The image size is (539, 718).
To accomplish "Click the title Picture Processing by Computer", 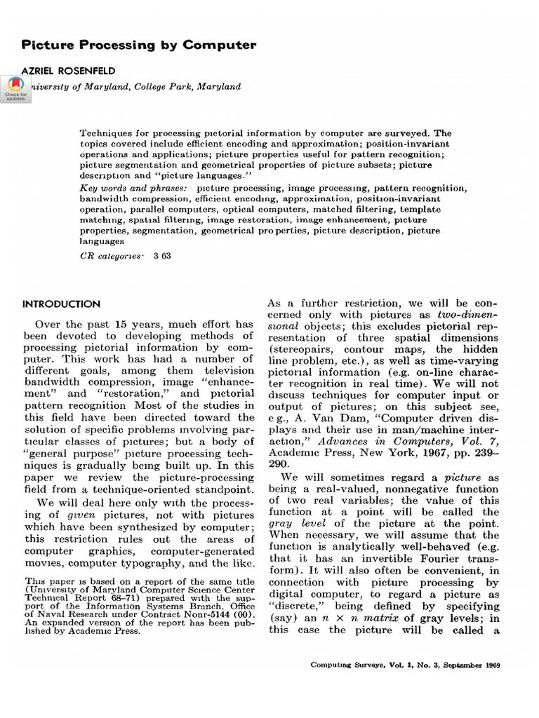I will tap(139, 45).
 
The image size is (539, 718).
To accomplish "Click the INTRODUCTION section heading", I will tap(62, 304).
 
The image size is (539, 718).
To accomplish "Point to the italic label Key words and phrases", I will tap(133, 189).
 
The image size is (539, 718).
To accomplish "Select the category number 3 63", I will tap(162, 257).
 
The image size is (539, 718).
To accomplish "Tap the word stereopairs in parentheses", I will tap(300, 348).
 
